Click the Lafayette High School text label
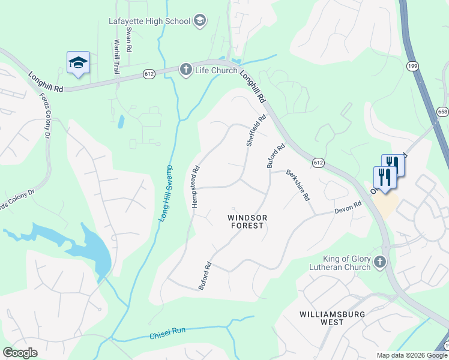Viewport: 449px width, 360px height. pyautogui.click(x=149, y=21)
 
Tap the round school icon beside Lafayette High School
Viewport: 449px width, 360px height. pyautogui.click(x=200, y=22)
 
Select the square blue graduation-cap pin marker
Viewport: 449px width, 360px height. pyautogui.click(x=78, y=63)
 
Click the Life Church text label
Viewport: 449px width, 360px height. pyautogui.click(x=217, y=70)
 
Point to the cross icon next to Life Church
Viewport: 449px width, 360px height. pyautogui.click(x=186, y=70)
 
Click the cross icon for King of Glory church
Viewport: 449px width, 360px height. pyautogui.click(x=379, y=262)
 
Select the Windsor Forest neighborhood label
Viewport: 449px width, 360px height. pyautogui.click(x=247, y=221)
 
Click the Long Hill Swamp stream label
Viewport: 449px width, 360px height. pyautogui.click(x=166, y=193)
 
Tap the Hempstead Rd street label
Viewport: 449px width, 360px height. pyautogui.click(x=195, y=187)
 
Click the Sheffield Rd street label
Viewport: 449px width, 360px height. pyautogui.click(x=255, y=131)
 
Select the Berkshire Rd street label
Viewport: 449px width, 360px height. pyautogui.click(x=298, y=184)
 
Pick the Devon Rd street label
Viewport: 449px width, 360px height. pyautogui.click(x=348, y=208)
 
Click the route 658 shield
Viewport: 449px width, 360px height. pyautogui.click(x=442, y=112)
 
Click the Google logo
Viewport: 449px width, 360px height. pyautogui.click(x=20, y=353)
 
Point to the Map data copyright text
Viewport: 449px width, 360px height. pyautogui.click(x=412, y=355)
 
